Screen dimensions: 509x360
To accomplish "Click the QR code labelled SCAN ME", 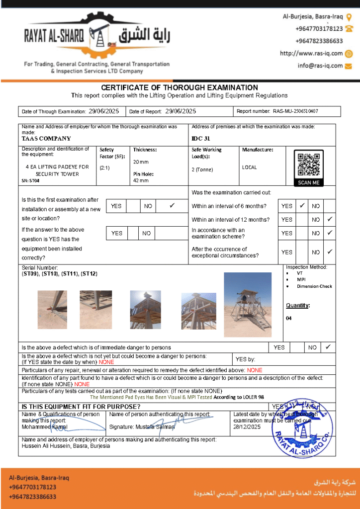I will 308,165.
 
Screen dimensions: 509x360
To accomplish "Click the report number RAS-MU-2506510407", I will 295,111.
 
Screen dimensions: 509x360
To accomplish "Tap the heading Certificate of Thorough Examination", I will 180,87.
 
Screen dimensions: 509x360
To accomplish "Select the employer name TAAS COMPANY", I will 46,139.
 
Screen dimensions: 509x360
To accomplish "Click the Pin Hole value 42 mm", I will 141,180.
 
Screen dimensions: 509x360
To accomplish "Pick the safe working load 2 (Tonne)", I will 202,170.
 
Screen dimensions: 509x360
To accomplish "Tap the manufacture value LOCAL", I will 250,168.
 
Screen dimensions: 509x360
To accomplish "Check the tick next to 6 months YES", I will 302,205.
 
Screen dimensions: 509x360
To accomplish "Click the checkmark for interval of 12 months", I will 330,219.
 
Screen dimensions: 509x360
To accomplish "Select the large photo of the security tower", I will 248,305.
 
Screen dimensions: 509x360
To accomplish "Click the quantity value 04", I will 289,318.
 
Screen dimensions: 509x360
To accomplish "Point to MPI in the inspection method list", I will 301,280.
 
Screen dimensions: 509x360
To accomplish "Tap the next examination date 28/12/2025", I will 247,427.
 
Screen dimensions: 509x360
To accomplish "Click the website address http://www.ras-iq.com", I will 311,54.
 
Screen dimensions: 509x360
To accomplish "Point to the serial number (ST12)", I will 90,274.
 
